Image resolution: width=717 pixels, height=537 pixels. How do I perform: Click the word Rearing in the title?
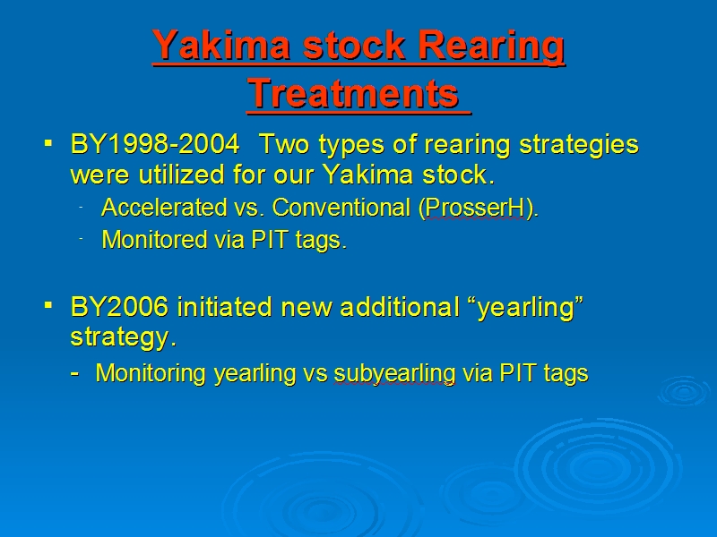[491, 47]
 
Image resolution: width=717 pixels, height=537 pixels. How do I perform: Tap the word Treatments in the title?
[353, 93]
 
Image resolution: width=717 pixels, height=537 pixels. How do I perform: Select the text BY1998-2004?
[155, 144]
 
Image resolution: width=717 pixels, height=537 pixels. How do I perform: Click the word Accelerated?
[164, 208]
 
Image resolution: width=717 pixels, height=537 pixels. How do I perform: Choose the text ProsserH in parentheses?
[475, 209]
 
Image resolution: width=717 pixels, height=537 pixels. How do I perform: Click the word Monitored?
[154, 239]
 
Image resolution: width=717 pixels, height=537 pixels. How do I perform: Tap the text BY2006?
[119, 306]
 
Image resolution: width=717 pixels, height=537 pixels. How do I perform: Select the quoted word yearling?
[525, 307]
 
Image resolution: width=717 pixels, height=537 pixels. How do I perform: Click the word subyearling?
[394, 373]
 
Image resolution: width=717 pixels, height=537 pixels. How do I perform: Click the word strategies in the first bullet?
[579, 145]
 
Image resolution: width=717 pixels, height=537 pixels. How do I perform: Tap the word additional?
[400, 306]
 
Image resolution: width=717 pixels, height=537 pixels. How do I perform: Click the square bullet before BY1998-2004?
[48, 144]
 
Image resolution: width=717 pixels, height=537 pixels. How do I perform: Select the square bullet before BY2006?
[48, 304]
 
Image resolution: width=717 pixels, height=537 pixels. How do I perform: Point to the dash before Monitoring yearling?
[75, 374]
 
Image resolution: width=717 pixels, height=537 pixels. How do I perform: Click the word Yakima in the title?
[222, 46]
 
